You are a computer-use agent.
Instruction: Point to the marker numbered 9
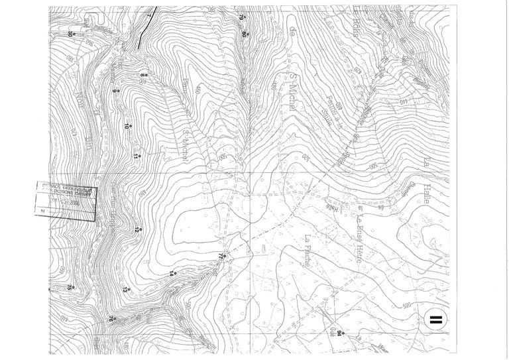117,91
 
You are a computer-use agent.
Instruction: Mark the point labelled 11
137,153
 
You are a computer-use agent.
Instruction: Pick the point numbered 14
175,271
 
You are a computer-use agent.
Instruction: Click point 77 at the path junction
223,255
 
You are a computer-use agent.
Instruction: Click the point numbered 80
244,30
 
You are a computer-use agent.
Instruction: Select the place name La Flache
308,251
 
